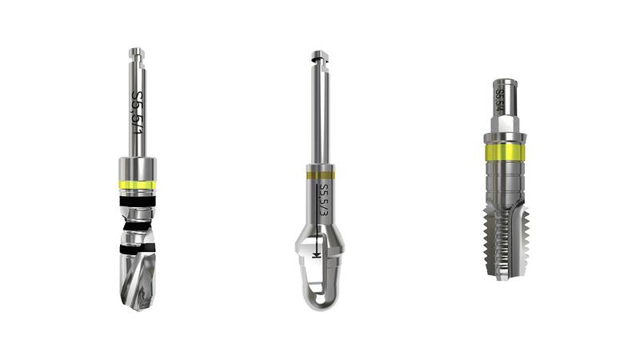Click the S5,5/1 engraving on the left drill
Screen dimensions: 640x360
pyautogui.click(x=138, y=113)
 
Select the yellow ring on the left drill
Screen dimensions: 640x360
pyautogui.click(x=137, y=185)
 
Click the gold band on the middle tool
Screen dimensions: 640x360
pyautogui.click(x=321, y=175)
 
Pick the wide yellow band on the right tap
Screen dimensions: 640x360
pyautogui.click(x=504, y=152)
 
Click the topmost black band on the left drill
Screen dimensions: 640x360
pyautogui.click(x=137, y=202)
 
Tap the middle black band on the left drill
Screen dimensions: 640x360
pyautogui.click(x=137, y=226)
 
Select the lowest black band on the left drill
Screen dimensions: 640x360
pyautogui.click(x=137, y=248)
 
